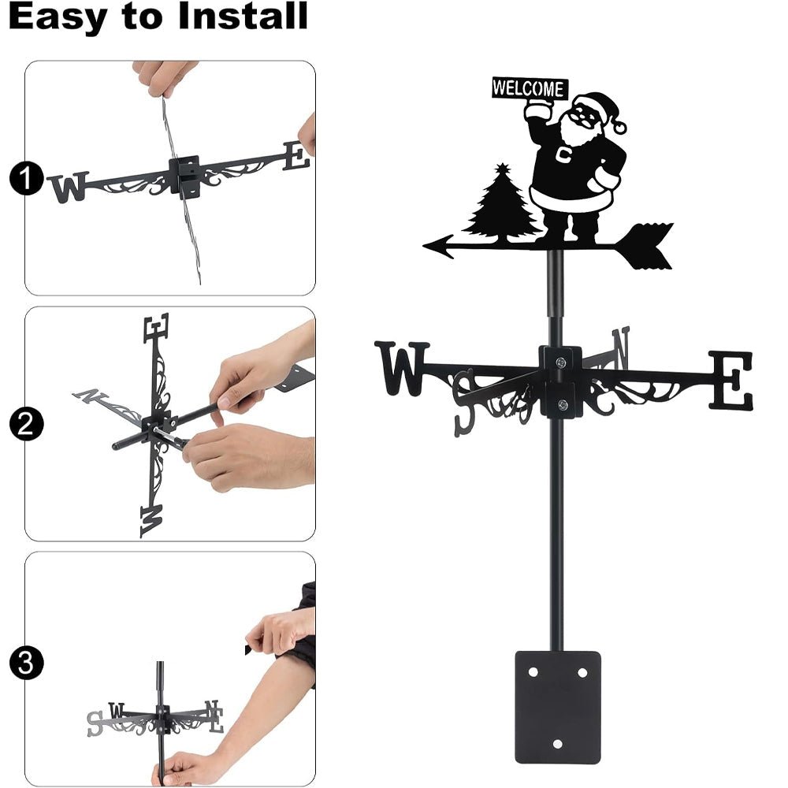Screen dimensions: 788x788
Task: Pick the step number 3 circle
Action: [x=26, y=663]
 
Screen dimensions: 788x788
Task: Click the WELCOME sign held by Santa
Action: [x=529, y=88]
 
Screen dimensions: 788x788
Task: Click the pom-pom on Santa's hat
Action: [x=620, y=126]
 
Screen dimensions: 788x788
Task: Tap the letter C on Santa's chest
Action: [x=564, y=154]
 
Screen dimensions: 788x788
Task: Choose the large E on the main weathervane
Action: [x=730, y=381]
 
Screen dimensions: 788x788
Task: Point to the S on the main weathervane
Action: [x=465, y=402]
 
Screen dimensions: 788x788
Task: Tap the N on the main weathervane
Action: [x=621, y=348]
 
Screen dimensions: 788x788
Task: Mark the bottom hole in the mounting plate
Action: [x=558, y=743]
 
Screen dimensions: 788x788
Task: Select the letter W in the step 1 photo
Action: [x=68, y=188]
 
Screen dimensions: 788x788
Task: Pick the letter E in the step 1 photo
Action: [x=296, y=155]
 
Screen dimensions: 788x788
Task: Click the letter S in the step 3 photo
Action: [x=95, y=723]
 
